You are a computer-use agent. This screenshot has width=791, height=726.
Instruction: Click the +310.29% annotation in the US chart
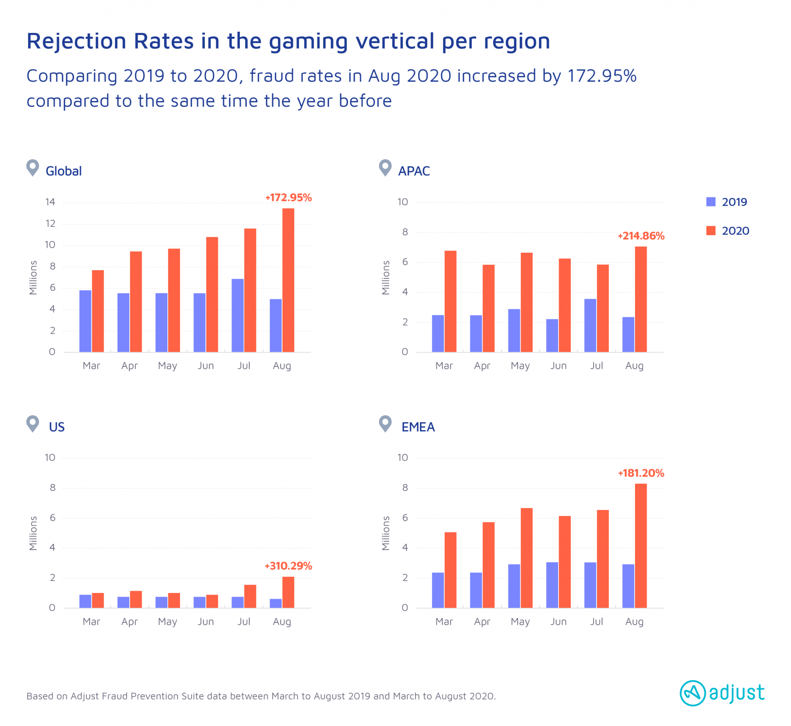click(288, 566)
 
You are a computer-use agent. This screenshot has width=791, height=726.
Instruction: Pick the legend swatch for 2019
click(711, 202)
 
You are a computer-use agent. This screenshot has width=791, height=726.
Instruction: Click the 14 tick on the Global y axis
click(50, 202)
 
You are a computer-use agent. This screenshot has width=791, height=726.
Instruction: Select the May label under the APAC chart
click(520, 366)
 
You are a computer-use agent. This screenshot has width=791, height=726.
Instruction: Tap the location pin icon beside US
click(32, 424)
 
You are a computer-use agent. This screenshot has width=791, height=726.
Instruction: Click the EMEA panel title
click(418, 427)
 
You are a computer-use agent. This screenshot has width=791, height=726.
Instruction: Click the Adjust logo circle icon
click(693, 693)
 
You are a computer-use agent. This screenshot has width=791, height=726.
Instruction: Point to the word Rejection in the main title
click(77, 41)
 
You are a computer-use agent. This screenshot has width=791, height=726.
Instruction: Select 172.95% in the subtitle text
click(602, 76)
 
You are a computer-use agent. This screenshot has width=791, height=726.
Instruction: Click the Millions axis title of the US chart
click(33, 533)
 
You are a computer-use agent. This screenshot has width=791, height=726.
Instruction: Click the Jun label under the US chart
click(206, 622)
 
